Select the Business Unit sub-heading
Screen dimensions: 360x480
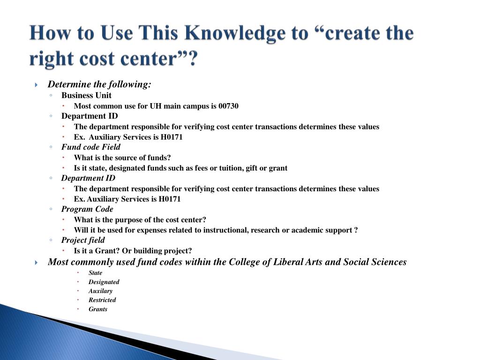(x=86, y=95)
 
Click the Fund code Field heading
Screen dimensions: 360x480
(x=90, y=147)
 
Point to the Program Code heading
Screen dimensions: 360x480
(x=87, y=209)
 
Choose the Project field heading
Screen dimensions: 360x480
(x=83, y=240)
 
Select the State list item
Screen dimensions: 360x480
(x=95, y=273)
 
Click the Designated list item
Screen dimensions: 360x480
(x=104, y=282)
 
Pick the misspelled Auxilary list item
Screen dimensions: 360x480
(x=100, y=291)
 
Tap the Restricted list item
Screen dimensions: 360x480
(x=102, y=300)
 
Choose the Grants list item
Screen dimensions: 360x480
(x=98, y=309)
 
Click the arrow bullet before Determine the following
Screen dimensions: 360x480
(x=37, y=85)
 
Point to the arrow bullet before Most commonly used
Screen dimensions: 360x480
(x=37, y=262)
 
